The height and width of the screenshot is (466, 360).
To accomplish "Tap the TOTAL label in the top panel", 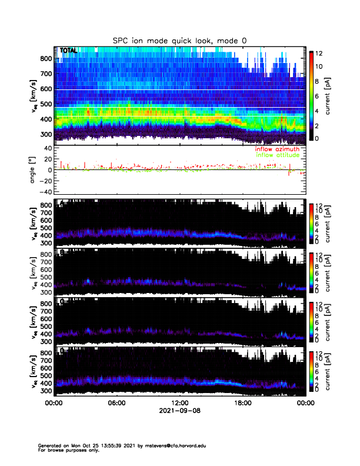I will (68, 51).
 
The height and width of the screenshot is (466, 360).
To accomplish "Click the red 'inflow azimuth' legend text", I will (277, 149).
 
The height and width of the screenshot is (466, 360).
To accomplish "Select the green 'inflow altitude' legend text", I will (278, 156).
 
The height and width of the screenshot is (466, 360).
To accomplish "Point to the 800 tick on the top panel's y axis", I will (46, 59).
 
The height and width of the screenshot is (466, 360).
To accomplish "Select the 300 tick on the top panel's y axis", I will (46, 134).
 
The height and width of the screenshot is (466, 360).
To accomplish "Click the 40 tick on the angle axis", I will (48, 148).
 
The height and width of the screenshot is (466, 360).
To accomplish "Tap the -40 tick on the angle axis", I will (45, 192).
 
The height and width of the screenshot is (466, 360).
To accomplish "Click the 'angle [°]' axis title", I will (34, 169).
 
